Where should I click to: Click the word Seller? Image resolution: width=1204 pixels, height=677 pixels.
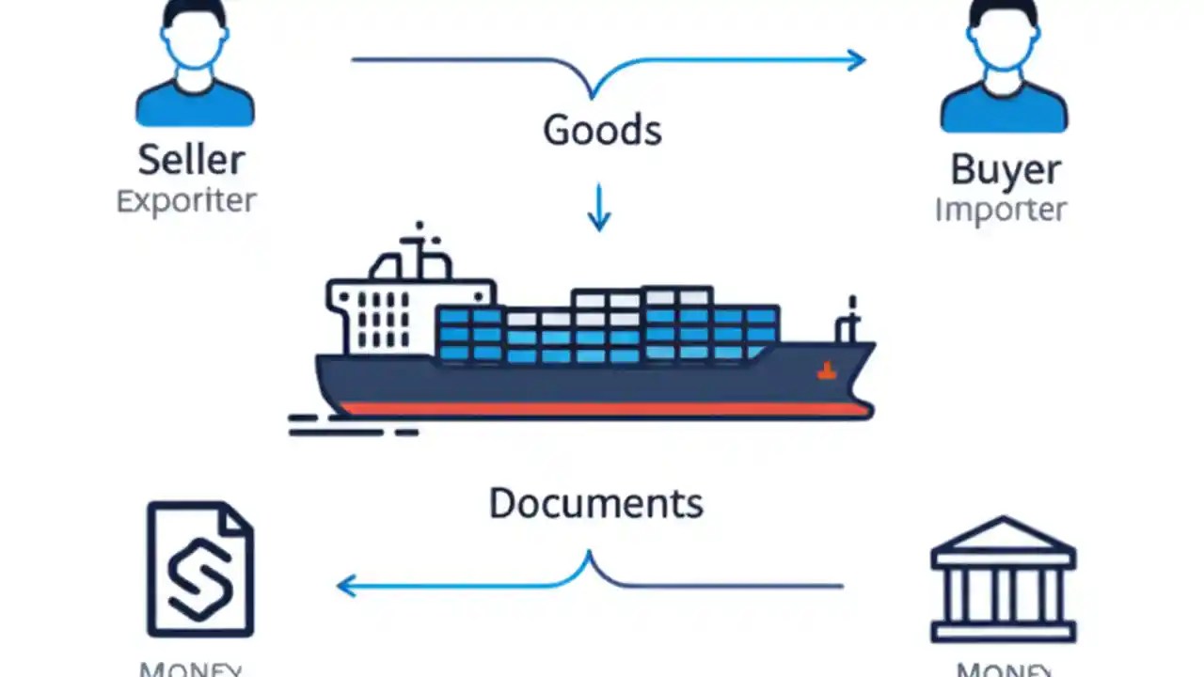tap(192, 160)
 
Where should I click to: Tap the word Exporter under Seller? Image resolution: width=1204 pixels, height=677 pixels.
tap(186, 200)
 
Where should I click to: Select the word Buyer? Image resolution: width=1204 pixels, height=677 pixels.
tap(1006, 169)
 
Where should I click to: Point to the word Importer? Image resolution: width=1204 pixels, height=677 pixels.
tap(1001, 210)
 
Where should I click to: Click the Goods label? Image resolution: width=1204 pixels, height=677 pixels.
tap(602, 130)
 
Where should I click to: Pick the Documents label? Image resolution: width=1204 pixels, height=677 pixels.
tap(595, 503)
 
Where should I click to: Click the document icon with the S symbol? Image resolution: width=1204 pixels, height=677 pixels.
tap(200, 570)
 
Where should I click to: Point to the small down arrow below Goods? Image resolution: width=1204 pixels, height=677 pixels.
tap(598, 209)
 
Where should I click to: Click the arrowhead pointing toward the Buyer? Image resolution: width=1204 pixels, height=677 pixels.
tap(855, 60)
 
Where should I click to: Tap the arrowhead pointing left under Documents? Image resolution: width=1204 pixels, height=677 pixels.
tap(347, 586)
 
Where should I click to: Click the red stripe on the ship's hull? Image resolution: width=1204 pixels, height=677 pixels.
tap(602, 409)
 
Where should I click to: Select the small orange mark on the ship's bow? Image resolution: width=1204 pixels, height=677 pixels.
tap(826, 371)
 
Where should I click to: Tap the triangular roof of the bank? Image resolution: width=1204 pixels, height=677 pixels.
tap(1003, 535)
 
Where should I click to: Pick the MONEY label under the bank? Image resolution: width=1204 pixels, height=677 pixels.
tap(1003, 669)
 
